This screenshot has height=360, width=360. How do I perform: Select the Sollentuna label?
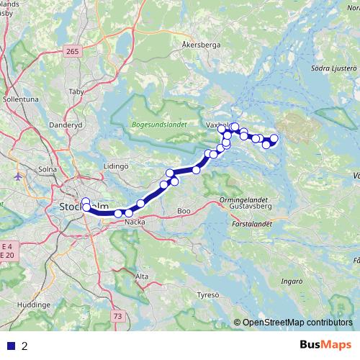pyautogui.click(x=21, y=99)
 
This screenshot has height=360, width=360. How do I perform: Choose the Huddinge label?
pyautogui.click(x=32, y=305)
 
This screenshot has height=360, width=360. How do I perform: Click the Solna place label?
pyautogui.click(x=48, y=169)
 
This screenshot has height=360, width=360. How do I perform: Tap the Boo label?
pyautogui.click(x=184, y=212)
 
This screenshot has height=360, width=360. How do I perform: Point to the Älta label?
pyautogui.click(x=142, y=276)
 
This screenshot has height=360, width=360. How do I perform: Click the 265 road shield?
pyautogui.click(x=71, y=51)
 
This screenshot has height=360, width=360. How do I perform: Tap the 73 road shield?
pyautogui.click(x=117, y=315)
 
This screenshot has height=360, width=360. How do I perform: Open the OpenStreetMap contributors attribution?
pyautogui.click(x=297, y=323)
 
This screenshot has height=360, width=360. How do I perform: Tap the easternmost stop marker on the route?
pyautogui.click(x=274, y=138)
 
